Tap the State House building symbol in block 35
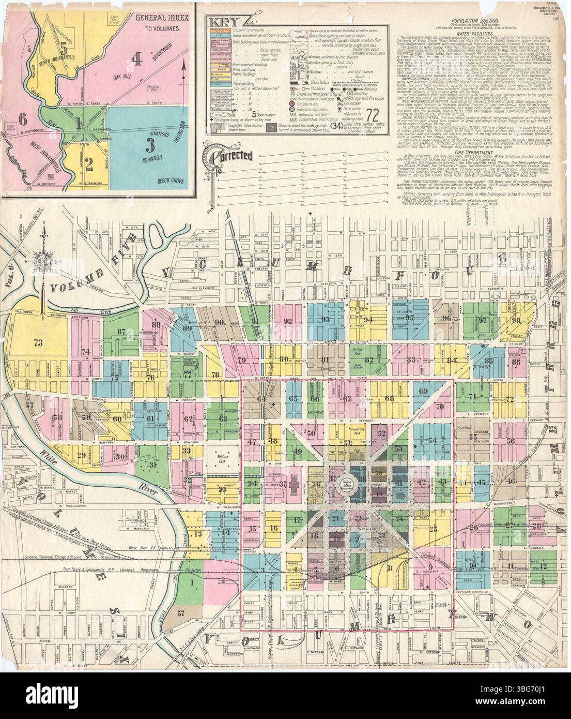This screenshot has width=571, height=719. pos(294,485)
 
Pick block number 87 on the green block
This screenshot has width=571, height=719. pos(122,332)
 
